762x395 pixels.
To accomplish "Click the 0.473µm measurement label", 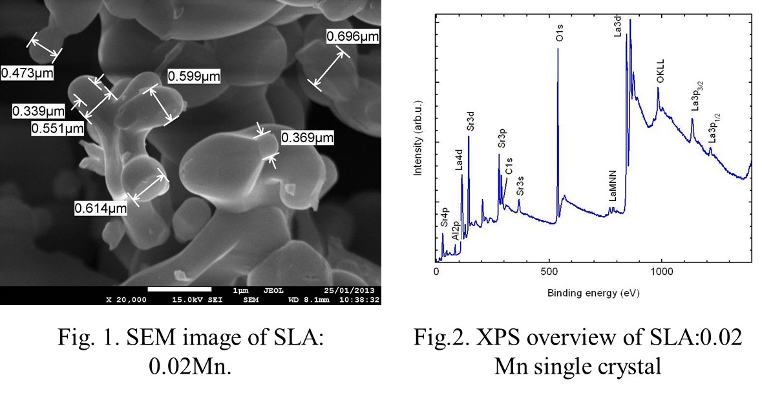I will [x=26, y=73].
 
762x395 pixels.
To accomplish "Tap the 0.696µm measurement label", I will [x=352, y=37].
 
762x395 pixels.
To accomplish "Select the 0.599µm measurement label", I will [x=194, y=77].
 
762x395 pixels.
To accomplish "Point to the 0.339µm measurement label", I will [x=39, y=112].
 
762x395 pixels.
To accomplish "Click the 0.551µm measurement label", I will [x=58, y=129].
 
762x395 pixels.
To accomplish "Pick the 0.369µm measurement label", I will [x=307, y=138].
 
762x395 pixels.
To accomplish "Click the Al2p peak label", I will [x=456, y=231].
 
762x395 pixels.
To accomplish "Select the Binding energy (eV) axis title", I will [x=593, y=293].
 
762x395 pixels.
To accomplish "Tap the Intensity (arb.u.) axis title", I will [x=418, y=138].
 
